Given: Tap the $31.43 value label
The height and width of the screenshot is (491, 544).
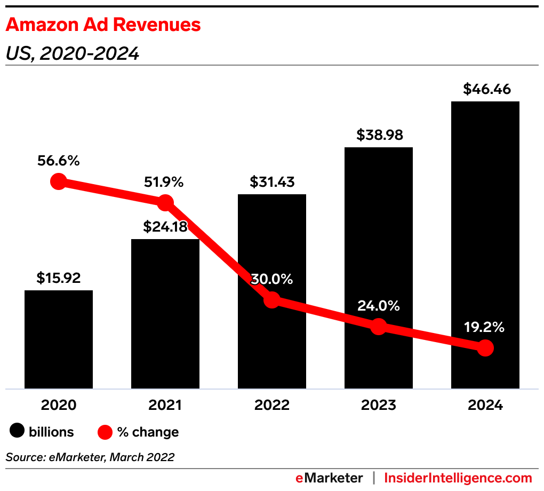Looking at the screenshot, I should click(x=271, y=182).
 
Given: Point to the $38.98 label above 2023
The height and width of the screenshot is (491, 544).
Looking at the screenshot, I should click(x=378, y=135).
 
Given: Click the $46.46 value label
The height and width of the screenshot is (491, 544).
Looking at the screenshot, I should click(x=485, y=89).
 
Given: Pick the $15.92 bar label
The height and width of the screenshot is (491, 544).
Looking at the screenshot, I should click(x=58, y=278).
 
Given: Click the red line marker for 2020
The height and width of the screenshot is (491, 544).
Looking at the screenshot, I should click(x=59, y=181).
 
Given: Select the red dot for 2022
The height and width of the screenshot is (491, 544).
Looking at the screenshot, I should click(x=272, y=300).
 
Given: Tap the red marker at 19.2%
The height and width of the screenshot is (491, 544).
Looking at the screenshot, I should click(x=485, y=348).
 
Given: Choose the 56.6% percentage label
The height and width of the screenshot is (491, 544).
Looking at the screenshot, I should click(x=59, y=160).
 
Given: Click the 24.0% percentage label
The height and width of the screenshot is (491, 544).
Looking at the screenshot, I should click(x=379, y=306).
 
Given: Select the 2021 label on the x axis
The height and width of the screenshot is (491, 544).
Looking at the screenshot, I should click(x=165, y=405).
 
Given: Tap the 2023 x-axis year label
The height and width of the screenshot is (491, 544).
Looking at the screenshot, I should click(x=378, y=405).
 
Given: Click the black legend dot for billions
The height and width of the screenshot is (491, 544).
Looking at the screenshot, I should click(x=18, y=432).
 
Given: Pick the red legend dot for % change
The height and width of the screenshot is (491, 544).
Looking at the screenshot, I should click(x=105, y=432).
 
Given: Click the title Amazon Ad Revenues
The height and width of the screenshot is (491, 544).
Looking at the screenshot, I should click(x=103, y=25).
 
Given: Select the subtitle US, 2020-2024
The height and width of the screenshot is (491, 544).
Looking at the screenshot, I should click(x=73, y=53).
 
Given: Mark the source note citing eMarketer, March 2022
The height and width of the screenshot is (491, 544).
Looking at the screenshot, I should click(x=90, y=457).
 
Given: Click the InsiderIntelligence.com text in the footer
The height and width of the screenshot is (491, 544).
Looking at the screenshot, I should click(x=458, y=478).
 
